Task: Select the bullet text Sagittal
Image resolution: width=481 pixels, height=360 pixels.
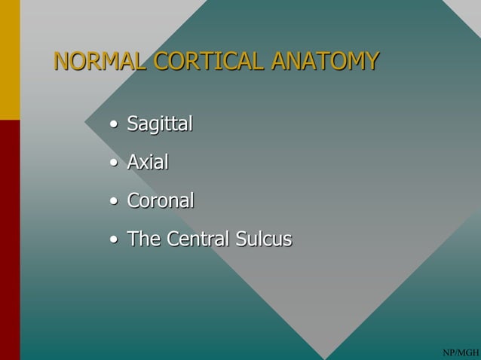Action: pos(159,123)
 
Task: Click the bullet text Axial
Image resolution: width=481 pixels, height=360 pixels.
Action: pos(147,162)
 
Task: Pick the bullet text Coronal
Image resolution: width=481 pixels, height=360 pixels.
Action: pos(160,201)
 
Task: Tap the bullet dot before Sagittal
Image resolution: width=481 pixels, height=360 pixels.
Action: pos(113,124)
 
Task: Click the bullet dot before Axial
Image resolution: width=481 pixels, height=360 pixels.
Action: pos(113,163)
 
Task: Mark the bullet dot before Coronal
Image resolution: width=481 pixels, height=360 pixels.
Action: pos(113,203)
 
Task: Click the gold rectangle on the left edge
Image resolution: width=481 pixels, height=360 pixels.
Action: pos(9,59)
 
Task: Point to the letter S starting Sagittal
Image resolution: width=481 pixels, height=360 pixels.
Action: pos(133,123)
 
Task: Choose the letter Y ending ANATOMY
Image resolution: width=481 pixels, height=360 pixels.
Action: pos(370,59)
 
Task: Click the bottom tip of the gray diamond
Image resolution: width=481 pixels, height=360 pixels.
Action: pos(326,357)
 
